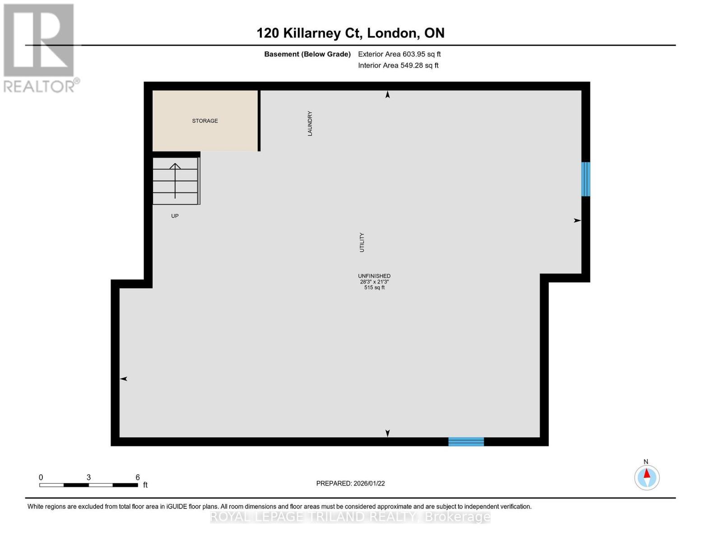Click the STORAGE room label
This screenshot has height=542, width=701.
point(205,121)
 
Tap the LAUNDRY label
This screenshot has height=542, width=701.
point(310,123)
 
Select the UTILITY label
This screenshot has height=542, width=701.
point(362,243)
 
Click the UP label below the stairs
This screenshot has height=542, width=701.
point(175,216)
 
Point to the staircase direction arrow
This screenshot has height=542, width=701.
point(175,180)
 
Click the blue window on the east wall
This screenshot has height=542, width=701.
point(585,179)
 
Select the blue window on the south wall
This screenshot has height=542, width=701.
point(466,442)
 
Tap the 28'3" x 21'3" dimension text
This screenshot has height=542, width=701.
point(374,282)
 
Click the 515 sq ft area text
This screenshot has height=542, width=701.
point(374,288)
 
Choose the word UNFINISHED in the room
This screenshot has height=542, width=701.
point(374,276)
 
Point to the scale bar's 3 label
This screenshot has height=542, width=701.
point(89,477)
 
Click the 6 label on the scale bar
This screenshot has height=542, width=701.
point(138,477)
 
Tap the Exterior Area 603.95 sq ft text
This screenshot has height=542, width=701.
point(399,54)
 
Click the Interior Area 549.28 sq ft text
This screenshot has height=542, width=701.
point(398,65)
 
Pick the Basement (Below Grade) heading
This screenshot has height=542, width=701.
point(307,54)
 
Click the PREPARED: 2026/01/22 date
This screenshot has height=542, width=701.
point(350,483)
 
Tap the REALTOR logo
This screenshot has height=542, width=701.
point(40,47)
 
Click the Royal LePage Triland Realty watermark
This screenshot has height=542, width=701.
point(350,517)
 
